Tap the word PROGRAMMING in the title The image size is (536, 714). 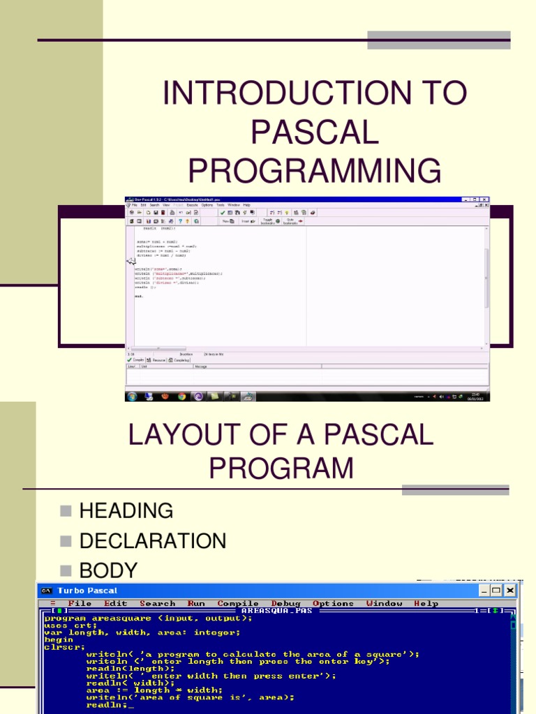click(x=315, y=170)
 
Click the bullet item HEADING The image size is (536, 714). click(x=126, y=510)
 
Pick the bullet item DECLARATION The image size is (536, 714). click(x=153, y=540)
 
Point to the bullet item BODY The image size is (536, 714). click(x=108, y=570)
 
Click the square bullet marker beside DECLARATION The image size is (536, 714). click(x=66, y=541)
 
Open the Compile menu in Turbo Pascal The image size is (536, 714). click(x=238, y=603)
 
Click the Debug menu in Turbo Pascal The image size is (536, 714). click(x=285, y=603)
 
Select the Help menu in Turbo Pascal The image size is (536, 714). click(x=426, y=603)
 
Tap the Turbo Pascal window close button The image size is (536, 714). click(x=511, y=591)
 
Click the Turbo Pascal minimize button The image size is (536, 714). click(x=484, y=591)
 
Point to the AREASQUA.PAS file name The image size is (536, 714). click(x=276, y=610)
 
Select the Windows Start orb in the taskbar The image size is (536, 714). click(x=131, y=396)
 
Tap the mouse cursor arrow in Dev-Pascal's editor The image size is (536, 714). click(x=130, y=261)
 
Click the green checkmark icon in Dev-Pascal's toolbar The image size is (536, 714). click(x=223, y=212)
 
